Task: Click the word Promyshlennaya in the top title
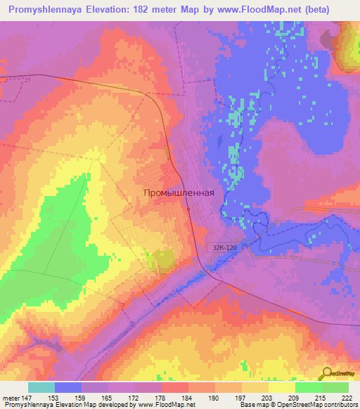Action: [x=46, y=11]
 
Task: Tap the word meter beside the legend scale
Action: [x=9, y=397]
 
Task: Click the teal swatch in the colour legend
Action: [x=41, y=387]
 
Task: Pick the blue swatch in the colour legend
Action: [x=68, y=387]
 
